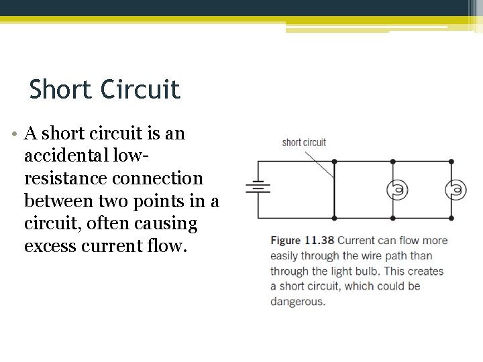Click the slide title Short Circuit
pyautogui.click(x=105, y=89)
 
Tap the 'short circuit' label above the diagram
pyautogui.click(x=304, y=142)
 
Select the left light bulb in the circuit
pyautogui.click(x=397, y=190)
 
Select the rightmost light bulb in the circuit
pyautogui.click(x=455, y=190)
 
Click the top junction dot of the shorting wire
pyautogui.click(x=334, y=162)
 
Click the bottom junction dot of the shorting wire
pyautogui.click(x=334, y=218)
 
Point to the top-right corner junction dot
pyautogui.click(x=451, y=162)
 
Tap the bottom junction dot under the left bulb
pyautogui.click(x=392, y=218)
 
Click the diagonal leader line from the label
pyautogui.click(x=319, y=163)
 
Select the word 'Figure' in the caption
pyautogui.click(x=286, y=240)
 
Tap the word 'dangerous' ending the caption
pyautogui.click(x=297, y=302)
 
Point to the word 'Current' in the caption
pyautogui.click(x=356, y=240)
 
